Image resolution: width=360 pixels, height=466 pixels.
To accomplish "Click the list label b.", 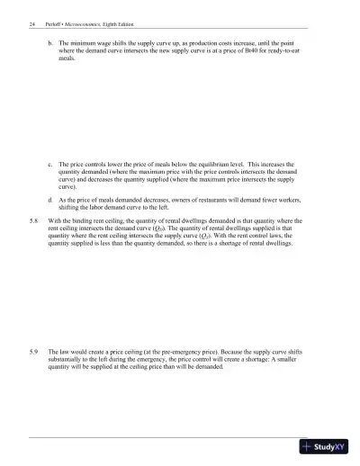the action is pyautogui.click(x=49, y=42).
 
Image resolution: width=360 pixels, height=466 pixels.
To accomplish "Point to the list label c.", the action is pyautogui.click(x=49, y=166).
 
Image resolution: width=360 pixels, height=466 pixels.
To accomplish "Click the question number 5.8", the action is pyautogui.click(x=33, y=219).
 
